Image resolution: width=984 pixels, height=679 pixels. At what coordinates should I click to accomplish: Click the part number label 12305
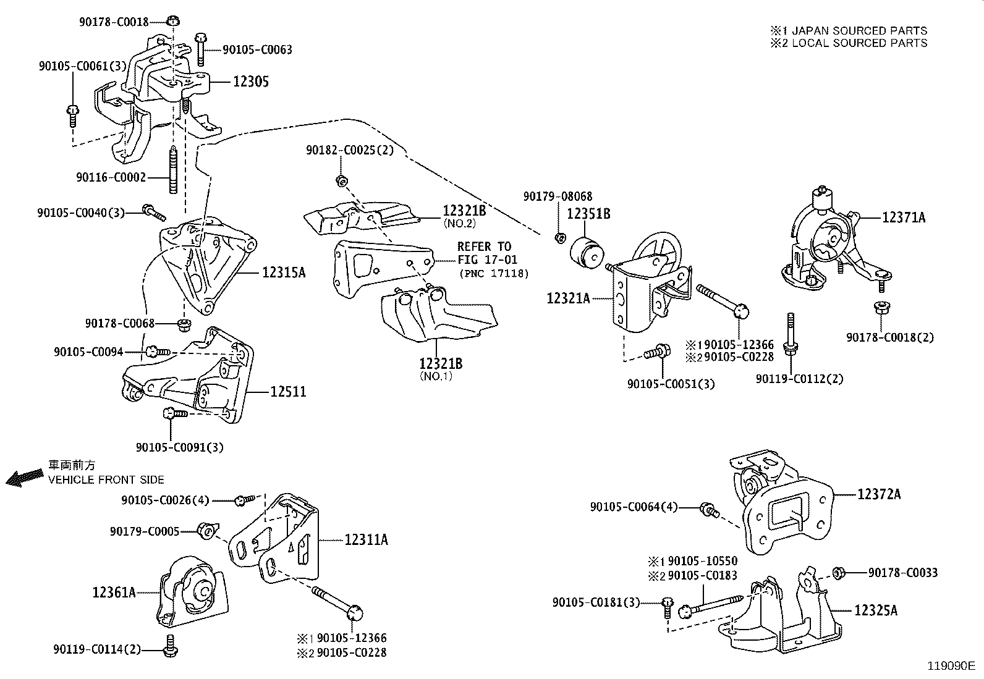(250, 82)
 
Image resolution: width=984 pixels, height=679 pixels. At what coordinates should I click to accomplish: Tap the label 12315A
(284, 272)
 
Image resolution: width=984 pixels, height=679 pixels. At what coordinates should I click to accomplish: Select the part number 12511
(288, 392)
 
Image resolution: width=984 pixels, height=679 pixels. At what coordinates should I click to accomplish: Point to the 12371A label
(904, 217)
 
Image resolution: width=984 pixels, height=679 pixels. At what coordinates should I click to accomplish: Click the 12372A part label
(879, 494)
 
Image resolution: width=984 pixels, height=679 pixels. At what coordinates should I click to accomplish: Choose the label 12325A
(876, 610)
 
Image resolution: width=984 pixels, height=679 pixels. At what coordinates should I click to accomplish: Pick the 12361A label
(114, 593)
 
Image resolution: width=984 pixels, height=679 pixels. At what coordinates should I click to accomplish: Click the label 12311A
(366, 540)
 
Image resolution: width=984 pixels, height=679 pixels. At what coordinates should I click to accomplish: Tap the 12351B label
(588, 214)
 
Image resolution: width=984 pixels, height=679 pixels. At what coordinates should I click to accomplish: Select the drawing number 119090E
(950, 666)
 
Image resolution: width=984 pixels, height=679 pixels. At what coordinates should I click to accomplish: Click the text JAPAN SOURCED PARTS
(859, 30)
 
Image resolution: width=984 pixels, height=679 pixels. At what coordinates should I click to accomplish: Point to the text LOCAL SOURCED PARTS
(859, 43)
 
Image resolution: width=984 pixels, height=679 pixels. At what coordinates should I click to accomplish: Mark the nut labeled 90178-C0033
(839, 573)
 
